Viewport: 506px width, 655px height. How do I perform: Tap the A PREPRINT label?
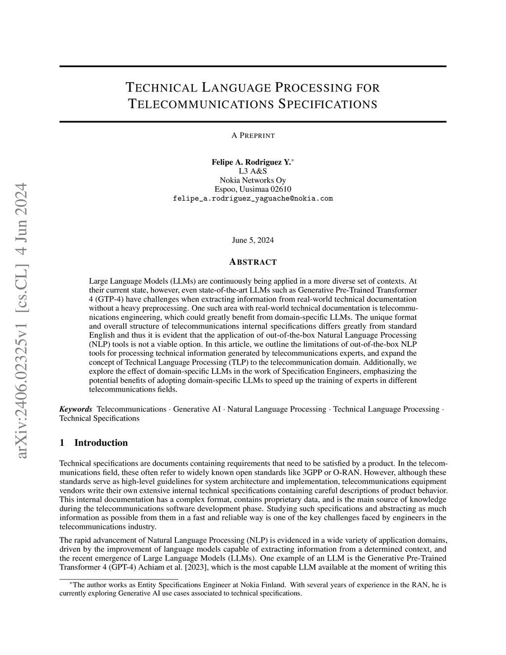pyautogui.click(x=253, y=135)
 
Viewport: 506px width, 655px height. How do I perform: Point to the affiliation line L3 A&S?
pyautogui.click(x=253, y=171)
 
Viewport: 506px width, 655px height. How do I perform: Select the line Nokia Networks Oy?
pyautogui.click(x=253, y=180)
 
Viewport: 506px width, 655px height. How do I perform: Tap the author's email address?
pyautogui.click(x=253, y=199)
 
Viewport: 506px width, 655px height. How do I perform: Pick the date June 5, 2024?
pyautogui.click(x=253, y=240)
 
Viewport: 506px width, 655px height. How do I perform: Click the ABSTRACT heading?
pyautogui.click(x=253, y=262)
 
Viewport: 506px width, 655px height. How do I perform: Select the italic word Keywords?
pyautogui.click(x=76, y=409)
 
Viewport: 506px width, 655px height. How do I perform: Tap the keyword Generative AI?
pyautogui.click(x=197, y=409)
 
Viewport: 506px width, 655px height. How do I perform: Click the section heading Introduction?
pyautogui.click(x=101, y=443)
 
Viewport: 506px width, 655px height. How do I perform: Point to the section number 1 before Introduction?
pyautogui.click(x=62, y=443)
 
